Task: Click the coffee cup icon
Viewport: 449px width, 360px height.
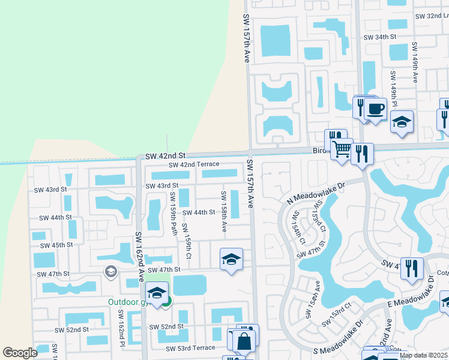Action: point(375,109)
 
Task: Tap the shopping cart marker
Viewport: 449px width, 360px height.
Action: point(342,148)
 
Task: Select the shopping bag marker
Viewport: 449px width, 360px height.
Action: point(244,343)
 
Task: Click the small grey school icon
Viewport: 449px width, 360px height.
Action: point(110,272)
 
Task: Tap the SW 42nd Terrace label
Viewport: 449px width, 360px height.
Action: point(194,165)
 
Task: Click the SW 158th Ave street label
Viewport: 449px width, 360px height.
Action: point(223,211)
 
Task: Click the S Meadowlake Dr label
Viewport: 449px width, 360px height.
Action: point(332,353)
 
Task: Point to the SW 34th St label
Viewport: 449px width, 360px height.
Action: point(381,37)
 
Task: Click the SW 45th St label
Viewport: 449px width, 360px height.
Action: point(56,245)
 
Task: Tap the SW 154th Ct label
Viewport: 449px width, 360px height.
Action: point(298,227)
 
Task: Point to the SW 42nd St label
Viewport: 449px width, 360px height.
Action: point(165,155)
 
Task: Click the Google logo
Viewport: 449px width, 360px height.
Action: point(20,353)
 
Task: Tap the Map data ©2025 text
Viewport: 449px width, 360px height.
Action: point(423,355)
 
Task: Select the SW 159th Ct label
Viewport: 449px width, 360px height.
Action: point(187,241)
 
